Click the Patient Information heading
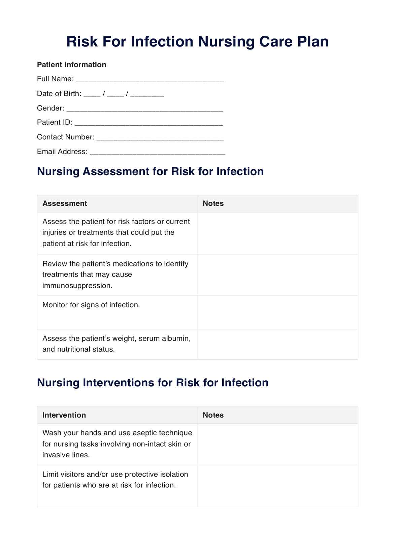71,65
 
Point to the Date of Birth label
59,94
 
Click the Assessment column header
65,203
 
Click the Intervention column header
64,415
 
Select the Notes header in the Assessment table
213,203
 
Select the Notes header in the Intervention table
213,415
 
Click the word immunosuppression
77,286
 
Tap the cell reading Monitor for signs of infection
91,305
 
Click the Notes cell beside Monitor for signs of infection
278,312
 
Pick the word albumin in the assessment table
177,338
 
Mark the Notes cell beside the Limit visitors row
278,486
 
